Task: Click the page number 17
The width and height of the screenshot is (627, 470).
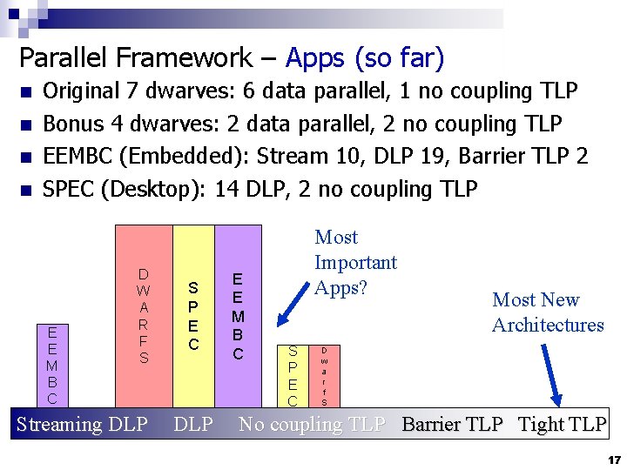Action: click(614, 459)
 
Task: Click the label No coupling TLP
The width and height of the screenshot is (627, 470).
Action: click(312, 425)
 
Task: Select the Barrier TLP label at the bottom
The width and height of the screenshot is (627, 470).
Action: click(452, 425)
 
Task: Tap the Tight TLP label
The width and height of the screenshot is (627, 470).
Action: click(562, 425)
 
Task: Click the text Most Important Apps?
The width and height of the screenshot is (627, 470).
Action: click(354, 262)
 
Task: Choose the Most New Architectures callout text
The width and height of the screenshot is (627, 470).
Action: click(548, 312)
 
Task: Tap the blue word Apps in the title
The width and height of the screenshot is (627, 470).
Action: click(315, 58)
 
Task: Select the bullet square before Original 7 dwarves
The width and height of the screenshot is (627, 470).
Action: click(27, 91)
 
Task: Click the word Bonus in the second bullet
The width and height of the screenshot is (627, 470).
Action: click(71, 124)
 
